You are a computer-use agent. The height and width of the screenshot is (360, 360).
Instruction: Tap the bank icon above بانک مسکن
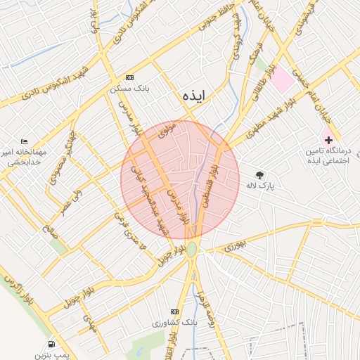click(x=129, y=77)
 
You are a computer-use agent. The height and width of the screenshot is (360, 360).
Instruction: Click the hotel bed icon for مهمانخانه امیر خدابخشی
click(x=25, y=141)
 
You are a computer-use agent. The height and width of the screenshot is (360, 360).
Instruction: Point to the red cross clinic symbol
click(x=328, y=140)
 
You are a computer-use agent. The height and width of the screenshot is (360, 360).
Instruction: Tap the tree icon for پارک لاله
click(x=260, y=175)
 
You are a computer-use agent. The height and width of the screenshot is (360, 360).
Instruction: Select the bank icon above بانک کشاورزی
click(x=175, y=311)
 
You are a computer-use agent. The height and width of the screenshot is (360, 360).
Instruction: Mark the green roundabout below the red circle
click(x=192, y=248)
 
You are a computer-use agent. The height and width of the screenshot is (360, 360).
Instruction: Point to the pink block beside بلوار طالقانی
click(x=282, y=79)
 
